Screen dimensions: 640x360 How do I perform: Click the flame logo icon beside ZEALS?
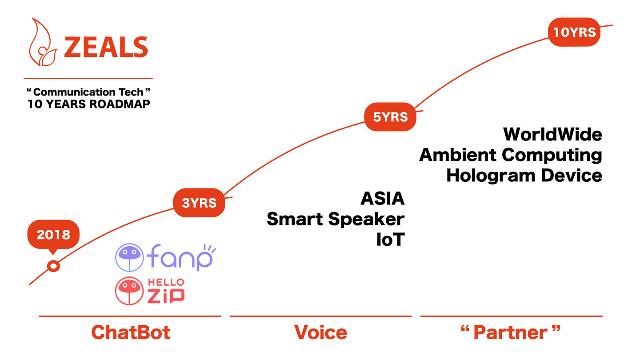click(43, 44)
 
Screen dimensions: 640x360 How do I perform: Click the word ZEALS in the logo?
click(106, 47)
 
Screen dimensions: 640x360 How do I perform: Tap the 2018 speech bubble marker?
click(53, 234)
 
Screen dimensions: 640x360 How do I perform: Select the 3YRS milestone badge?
click(199, 203)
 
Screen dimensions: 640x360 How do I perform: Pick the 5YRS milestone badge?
click(390, 117)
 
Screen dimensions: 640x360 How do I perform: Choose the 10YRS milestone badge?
click(574, 32)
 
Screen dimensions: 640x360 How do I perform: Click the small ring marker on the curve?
click(53, 267)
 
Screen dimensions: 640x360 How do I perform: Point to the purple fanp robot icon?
click(129, 257)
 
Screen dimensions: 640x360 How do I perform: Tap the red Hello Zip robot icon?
click(129, 291)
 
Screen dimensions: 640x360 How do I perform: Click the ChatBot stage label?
click(131, 332)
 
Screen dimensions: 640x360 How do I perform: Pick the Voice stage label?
click(320, 332)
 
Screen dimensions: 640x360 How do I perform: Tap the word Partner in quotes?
click(511, 332)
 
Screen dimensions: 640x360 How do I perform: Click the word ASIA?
click(383, 198)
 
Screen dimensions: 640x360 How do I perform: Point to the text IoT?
click(390, 240)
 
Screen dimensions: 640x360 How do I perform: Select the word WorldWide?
click(552, 134)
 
